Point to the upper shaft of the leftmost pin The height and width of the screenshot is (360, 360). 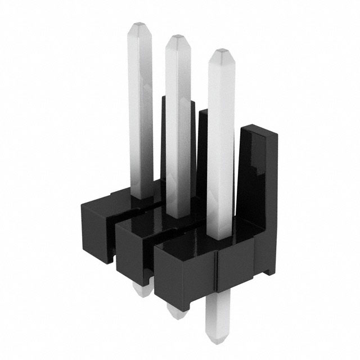pyautogui.click(x=141, y=84)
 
